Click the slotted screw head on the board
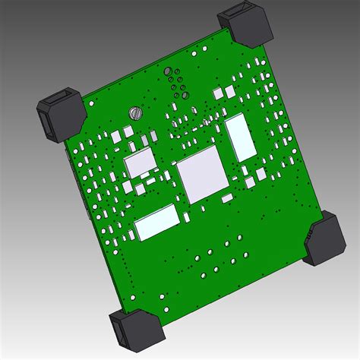pyautogui.click(x=137, y=113)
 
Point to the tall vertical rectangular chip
pyautogui.click(x=240, y=137)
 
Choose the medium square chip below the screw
pyautogui.click(x=141, y=162)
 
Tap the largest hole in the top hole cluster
pyautogui.click(x=169, y=71)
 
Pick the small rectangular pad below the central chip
pyautogui.click(x=227, y=198)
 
